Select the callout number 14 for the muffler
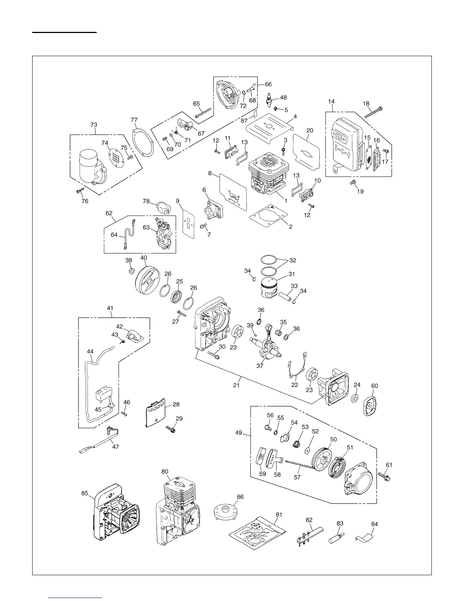(331, 102)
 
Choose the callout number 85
(85, 493)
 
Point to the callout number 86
(240, 497)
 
